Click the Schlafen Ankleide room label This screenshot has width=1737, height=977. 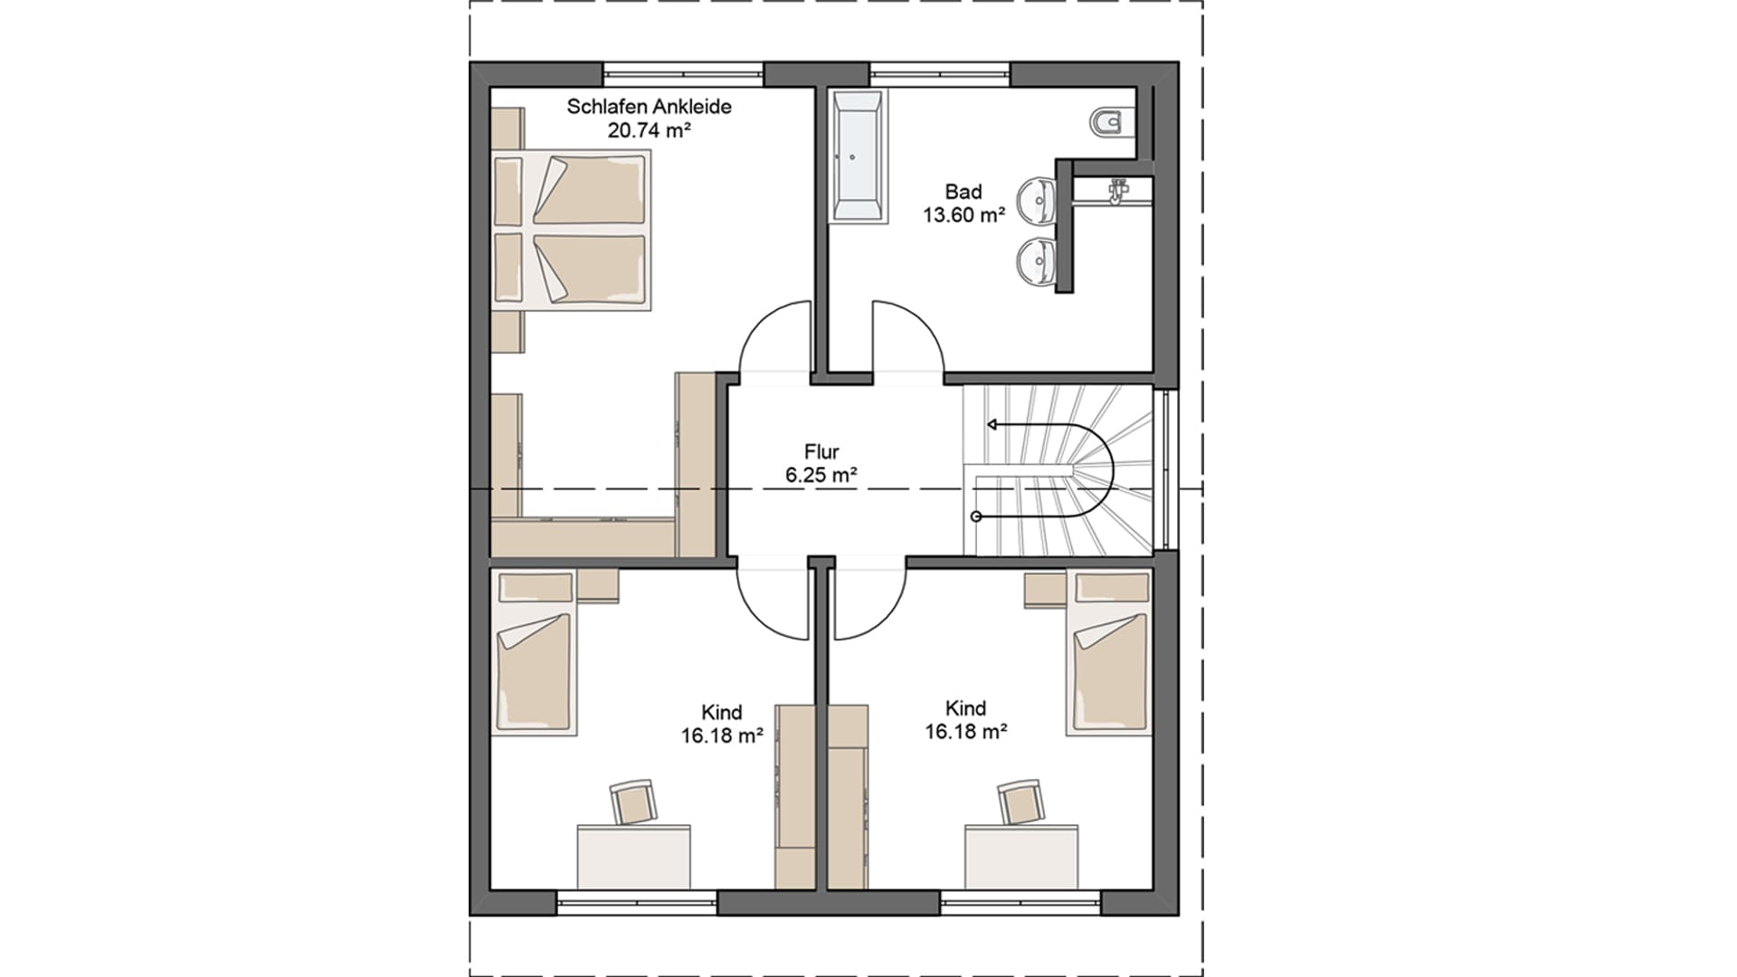[x=649, y=107]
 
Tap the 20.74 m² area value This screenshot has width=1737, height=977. [x=649, y=130]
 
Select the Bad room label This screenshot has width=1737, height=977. [x=963, y=192]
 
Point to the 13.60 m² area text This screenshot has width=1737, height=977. [x=964, y=215]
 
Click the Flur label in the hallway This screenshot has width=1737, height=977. [x=821, y=451]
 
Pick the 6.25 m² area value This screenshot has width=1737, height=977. [x=821, y=475]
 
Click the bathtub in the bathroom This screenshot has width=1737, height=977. [x=858, y=156]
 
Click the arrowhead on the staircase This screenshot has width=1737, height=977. [x=992, y=424]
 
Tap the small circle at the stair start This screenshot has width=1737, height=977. [x=976, y=517]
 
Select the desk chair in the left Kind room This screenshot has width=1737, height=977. [x=632, y=802]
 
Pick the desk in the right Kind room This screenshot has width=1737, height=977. [x=1021, y=857]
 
